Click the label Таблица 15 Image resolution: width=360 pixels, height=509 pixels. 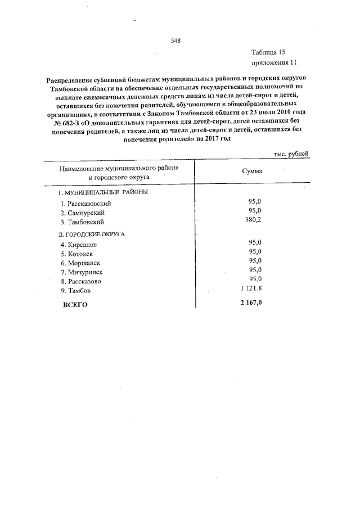tap(269, 52)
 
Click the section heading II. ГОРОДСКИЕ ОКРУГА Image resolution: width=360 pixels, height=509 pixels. tap(91, 233)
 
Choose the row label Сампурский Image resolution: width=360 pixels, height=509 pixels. tap(83, 213)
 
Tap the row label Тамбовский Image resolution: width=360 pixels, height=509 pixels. tap(84, 223)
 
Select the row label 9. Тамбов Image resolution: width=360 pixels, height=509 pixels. tap(75, 291)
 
